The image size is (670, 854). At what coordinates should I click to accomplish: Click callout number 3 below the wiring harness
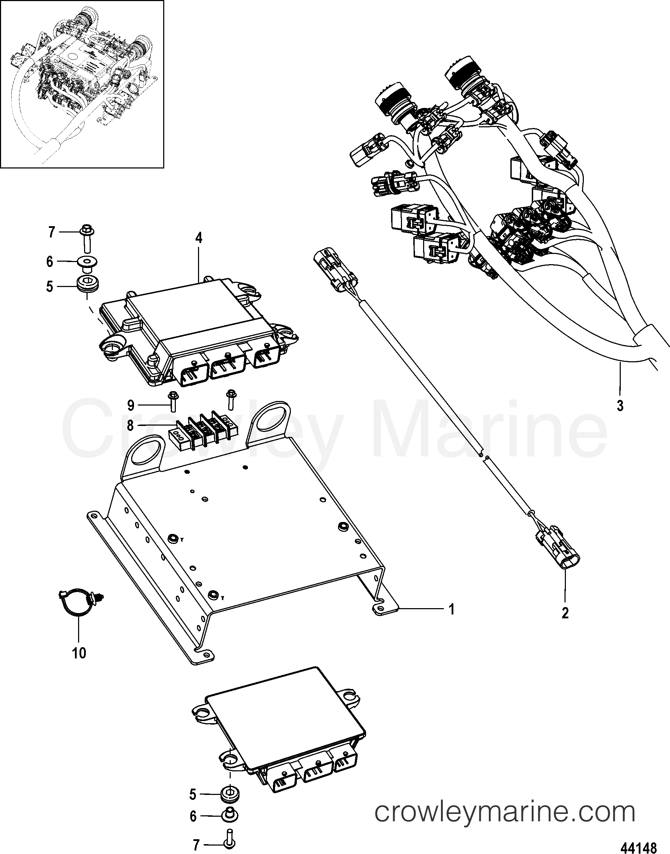tap(620, 405)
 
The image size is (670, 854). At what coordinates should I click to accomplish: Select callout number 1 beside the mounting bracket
tap(452, 609)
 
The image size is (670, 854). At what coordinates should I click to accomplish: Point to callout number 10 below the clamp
tap(79, 653)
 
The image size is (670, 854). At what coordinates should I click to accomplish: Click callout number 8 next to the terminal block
tap(130, 425)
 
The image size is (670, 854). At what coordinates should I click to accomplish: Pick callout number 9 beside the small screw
tap(130, 405)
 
